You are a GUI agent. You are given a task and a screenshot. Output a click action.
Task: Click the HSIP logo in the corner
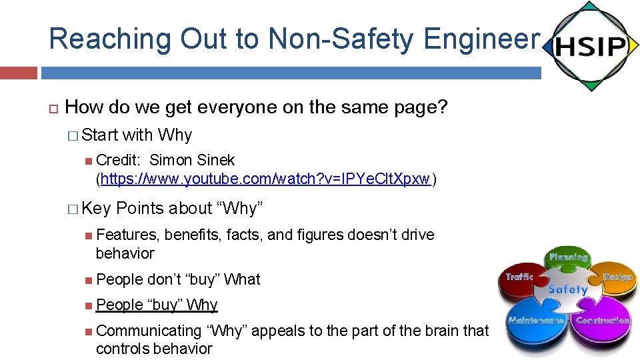click(589, 46)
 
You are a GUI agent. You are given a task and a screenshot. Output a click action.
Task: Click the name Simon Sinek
click(192, 160)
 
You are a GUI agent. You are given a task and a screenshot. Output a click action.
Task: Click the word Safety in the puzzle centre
click(567, 289)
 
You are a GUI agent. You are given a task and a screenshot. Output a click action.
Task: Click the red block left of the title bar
click(18, 73)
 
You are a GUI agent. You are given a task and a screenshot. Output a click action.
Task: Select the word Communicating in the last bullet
click(149, 331)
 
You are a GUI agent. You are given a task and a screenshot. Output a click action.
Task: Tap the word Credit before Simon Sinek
click(118, 160)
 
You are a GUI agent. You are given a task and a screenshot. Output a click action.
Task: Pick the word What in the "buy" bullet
click(242, 279)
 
